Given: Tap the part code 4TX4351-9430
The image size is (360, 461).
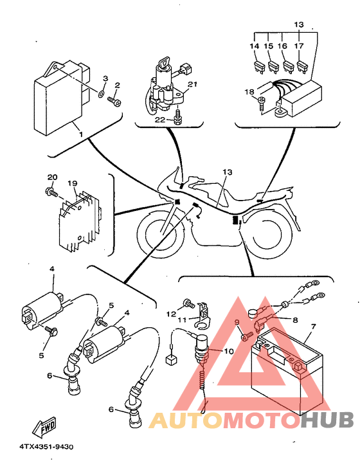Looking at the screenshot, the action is (46, 447).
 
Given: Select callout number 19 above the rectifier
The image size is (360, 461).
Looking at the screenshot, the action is (72, 183).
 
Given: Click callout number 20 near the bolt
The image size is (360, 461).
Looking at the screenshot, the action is (52, 177).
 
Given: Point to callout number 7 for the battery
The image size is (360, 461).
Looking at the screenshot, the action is (314, 327).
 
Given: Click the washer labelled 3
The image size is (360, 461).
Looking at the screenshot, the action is (101, 95).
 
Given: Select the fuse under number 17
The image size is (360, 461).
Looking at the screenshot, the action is (302, 66).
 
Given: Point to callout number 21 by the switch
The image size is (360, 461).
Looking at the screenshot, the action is (192, 84).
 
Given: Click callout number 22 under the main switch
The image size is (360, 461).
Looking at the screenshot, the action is (160, 120).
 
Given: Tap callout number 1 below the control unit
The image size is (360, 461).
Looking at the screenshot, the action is (81, 134).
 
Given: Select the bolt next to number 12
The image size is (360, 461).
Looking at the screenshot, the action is (188, 303).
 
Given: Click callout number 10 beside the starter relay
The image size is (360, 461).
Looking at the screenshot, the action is (229, 351).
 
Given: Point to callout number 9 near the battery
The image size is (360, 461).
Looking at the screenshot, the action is (237, 323).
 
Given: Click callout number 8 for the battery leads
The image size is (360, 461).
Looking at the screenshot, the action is (295, 320).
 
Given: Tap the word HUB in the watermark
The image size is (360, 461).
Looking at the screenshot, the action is (327, 420).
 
